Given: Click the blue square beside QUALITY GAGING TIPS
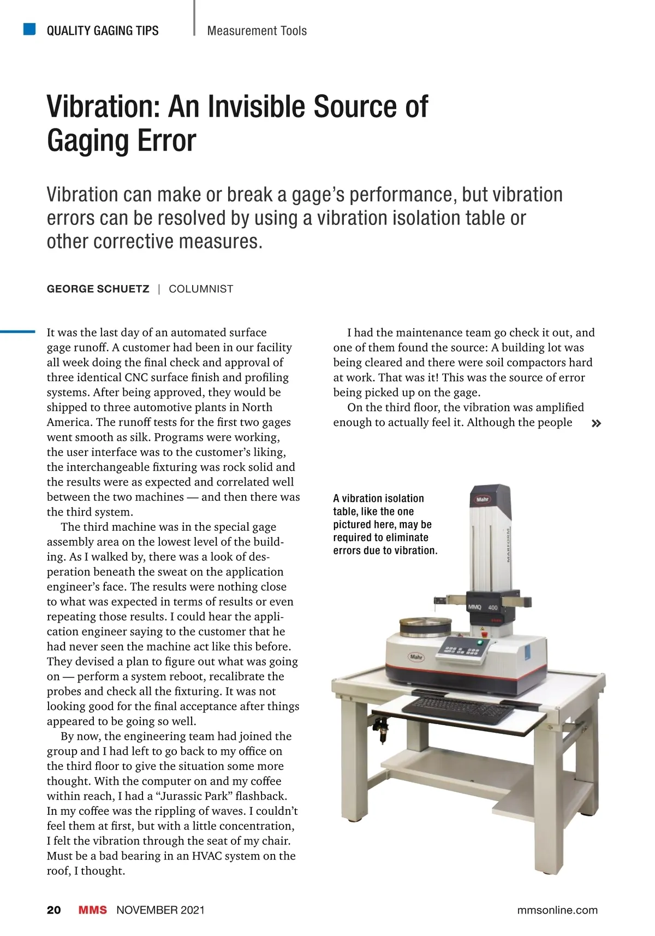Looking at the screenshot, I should point(29,29).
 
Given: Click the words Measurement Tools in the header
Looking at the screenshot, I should point(257,31).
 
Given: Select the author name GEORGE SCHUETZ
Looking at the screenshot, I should point(98,289).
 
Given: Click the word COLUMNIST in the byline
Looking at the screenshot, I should point(201,289).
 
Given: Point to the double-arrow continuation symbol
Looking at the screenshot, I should point(597,423).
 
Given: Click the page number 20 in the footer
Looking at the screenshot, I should point(53,910).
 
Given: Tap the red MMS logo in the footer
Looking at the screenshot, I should point(92,910).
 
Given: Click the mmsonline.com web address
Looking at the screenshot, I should point(557,910).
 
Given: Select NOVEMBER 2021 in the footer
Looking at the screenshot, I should point(160,910).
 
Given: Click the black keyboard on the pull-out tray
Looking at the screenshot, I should point(457,710).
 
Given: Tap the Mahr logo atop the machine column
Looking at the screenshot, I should point(483,499).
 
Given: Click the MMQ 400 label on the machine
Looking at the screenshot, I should point(483,607).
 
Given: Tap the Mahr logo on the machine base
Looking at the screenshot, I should point(416,657).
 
